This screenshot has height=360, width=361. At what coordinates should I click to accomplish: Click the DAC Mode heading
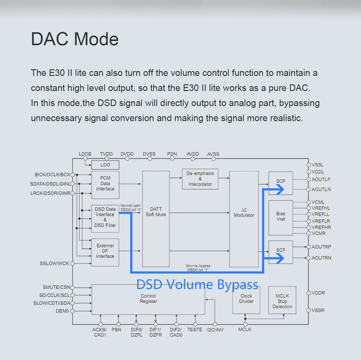(x=74, y=39)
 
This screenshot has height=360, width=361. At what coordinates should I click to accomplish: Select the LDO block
(x=105, y=165)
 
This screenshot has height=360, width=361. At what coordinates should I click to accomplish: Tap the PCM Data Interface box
(x=105, y=184)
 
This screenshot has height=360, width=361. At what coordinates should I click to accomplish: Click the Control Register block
(x=148, y=299)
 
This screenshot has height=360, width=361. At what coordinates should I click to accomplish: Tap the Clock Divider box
(x=246, y=299)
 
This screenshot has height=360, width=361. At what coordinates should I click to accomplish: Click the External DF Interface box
(x=105, y=251)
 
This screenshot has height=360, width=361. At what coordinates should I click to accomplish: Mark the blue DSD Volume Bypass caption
(x=197, y=285)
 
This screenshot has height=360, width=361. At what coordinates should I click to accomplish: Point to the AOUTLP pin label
(x=321, y=179)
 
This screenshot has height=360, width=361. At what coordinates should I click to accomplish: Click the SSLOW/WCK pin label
(x=54, y=263)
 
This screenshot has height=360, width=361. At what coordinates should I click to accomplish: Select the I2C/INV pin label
(x=215, y=330)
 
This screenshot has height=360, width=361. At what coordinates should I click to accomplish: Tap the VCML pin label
(x=318, y=202)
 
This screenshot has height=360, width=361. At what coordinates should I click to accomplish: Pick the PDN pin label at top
(x=172, y=154)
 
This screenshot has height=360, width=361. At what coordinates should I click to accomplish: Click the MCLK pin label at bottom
(x=245, y=330)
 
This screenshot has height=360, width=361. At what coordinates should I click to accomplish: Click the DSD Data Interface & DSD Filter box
(x=105, y=217)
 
